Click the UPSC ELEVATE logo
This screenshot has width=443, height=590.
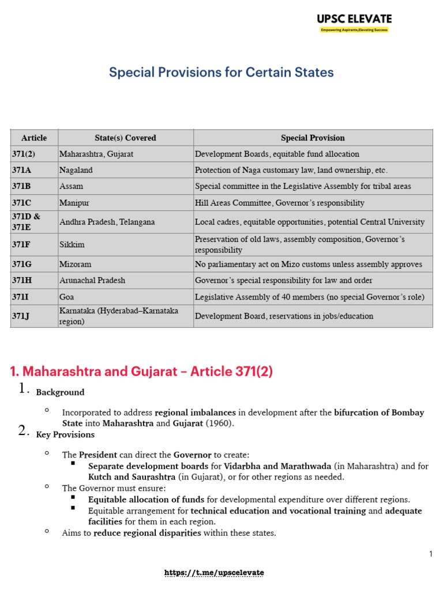[354, 22]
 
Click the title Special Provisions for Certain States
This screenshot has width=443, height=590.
[221, 73]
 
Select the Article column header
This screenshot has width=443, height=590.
[34, 138]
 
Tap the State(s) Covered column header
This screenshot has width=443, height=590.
[125, 138]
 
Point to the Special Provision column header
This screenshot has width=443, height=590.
[313, 138]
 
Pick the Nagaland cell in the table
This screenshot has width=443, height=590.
[76, 170]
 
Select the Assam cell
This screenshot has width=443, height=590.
[71, 187]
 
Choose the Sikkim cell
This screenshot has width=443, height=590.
[72, 244]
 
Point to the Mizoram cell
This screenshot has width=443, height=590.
[75, 264]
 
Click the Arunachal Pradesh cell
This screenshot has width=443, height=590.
[92, 280]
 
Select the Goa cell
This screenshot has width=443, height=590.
[67, 297]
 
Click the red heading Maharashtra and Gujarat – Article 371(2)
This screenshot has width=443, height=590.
[141, 372]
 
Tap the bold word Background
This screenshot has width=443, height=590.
[60, 392]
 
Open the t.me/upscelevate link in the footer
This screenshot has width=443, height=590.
[214, 573]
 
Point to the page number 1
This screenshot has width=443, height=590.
[430, 554]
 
